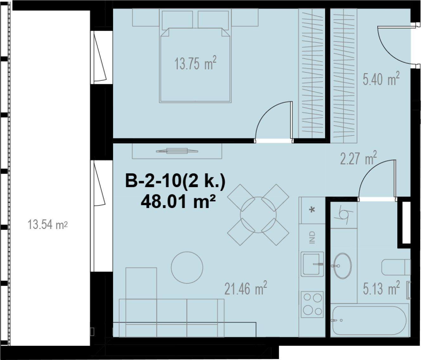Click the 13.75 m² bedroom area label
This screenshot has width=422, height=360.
click(x=195, y=63)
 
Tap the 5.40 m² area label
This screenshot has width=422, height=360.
click(x=381, y=79)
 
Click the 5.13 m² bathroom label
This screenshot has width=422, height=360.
click(x=381, y=288)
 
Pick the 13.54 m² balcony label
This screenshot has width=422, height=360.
click(x=48, y=224)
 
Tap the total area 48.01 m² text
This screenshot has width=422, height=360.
click(x=178, y=201)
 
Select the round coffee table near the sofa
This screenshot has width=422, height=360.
click(x=187, y=267)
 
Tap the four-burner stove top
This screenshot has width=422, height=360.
click(x=312, y=304)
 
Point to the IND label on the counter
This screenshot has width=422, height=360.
click(x=312, y=237)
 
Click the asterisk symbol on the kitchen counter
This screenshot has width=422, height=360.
click(x=312, y=210)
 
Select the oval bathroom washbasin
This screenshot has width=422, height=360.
click(x=342, y=266)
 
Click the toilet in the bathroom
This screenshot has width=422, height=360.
click(x=396, y=267)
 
